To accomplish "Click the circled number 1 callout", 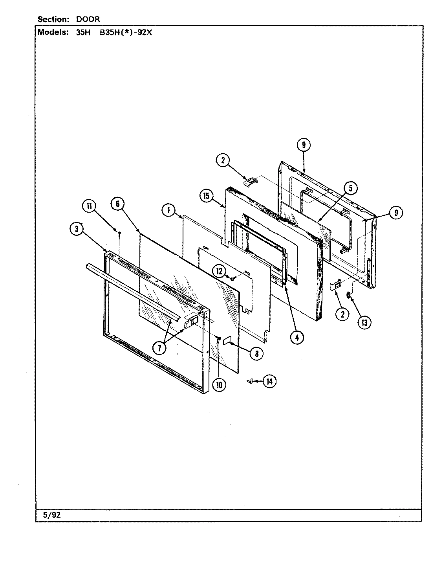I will click(x=168, y=211).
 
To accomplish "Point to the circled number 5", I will click(x=350, y=188).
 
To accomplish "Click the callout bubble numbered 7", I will click(x=160, y=347).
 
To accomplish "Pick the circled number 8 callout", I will click(x=256, y=353).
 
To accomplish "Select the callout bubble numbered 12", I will click(x=220, y=270).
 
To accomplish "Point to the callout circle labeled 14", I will click(x=269, y=381).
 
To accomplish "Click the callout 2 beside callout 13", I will click(x=342, y=314).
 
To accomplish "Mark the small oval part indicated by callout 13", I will click(x=348, y=295).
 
